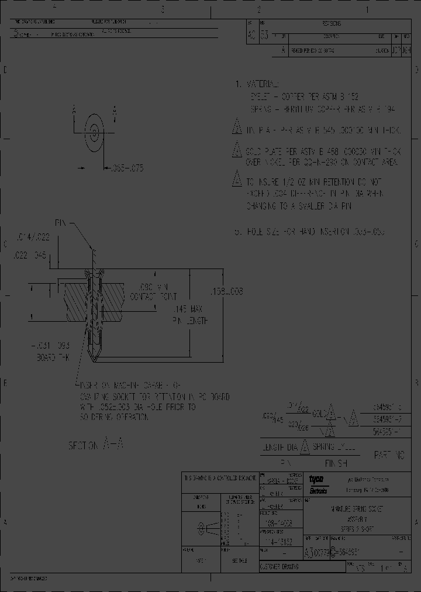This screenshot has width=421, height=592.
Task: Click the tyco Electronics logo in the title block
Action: coord(318,484)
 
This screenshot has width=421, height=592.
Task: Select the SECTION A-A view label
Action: coord(96,445)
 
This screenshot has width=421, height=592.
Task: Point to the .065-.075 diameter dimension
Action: coord(123,168)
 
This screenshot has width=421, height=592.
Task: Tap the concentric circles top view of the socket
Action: coord(93,130)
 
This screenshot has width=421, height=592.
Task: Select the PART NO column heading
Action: coord(388,454)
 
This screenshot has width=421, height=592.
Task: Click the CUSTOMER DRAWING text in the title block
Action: coord(280,567)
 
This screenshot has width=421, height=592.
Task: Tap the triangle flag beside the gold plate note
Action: coord(237,150)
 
